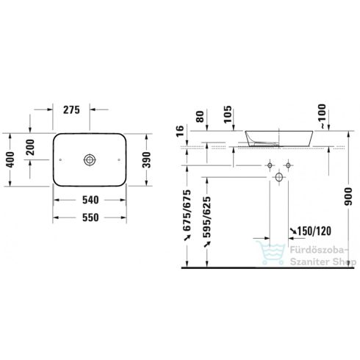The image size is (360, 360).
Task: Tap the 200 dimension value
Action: [32, 148]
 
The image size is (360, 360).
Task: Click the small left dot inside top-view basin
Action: [57, 159]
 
